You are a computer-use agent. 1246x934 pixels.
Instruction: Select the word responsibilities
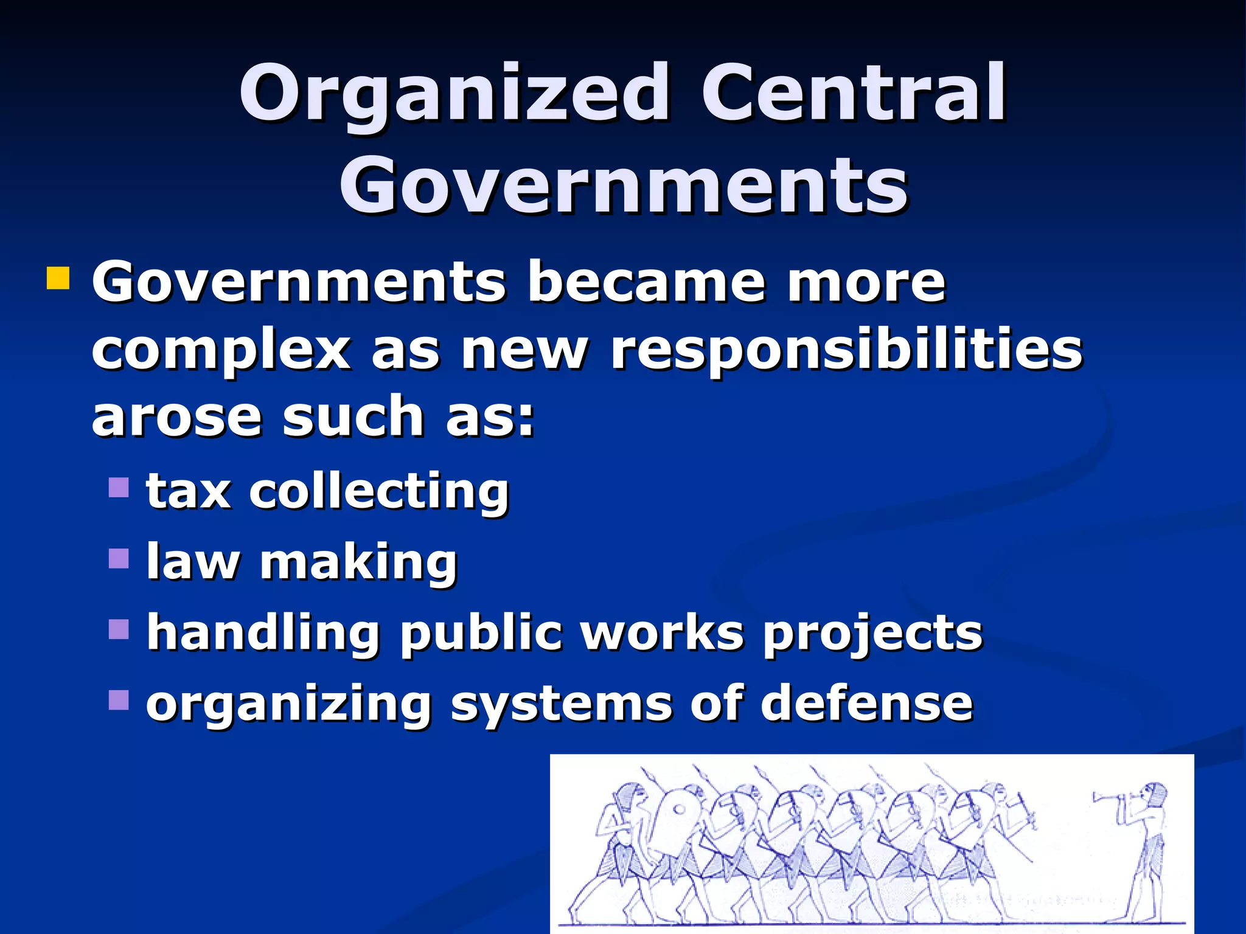pos(846,350)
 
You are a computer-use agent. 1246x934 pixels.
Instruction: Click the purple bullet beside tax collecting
pos(119,487)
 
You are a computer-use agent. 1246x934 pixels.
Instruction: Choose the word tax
pos(189,491)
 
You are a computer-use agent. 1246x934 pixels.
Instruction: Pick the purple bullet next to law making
pos(119,558)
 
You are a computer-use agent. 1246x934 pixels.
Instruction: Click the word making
pos(358,563)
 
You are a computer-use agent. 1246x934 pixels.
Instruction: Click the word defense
pos(867,703)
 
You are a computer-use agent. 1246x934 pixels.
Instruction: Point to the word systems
pos(560,704)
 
